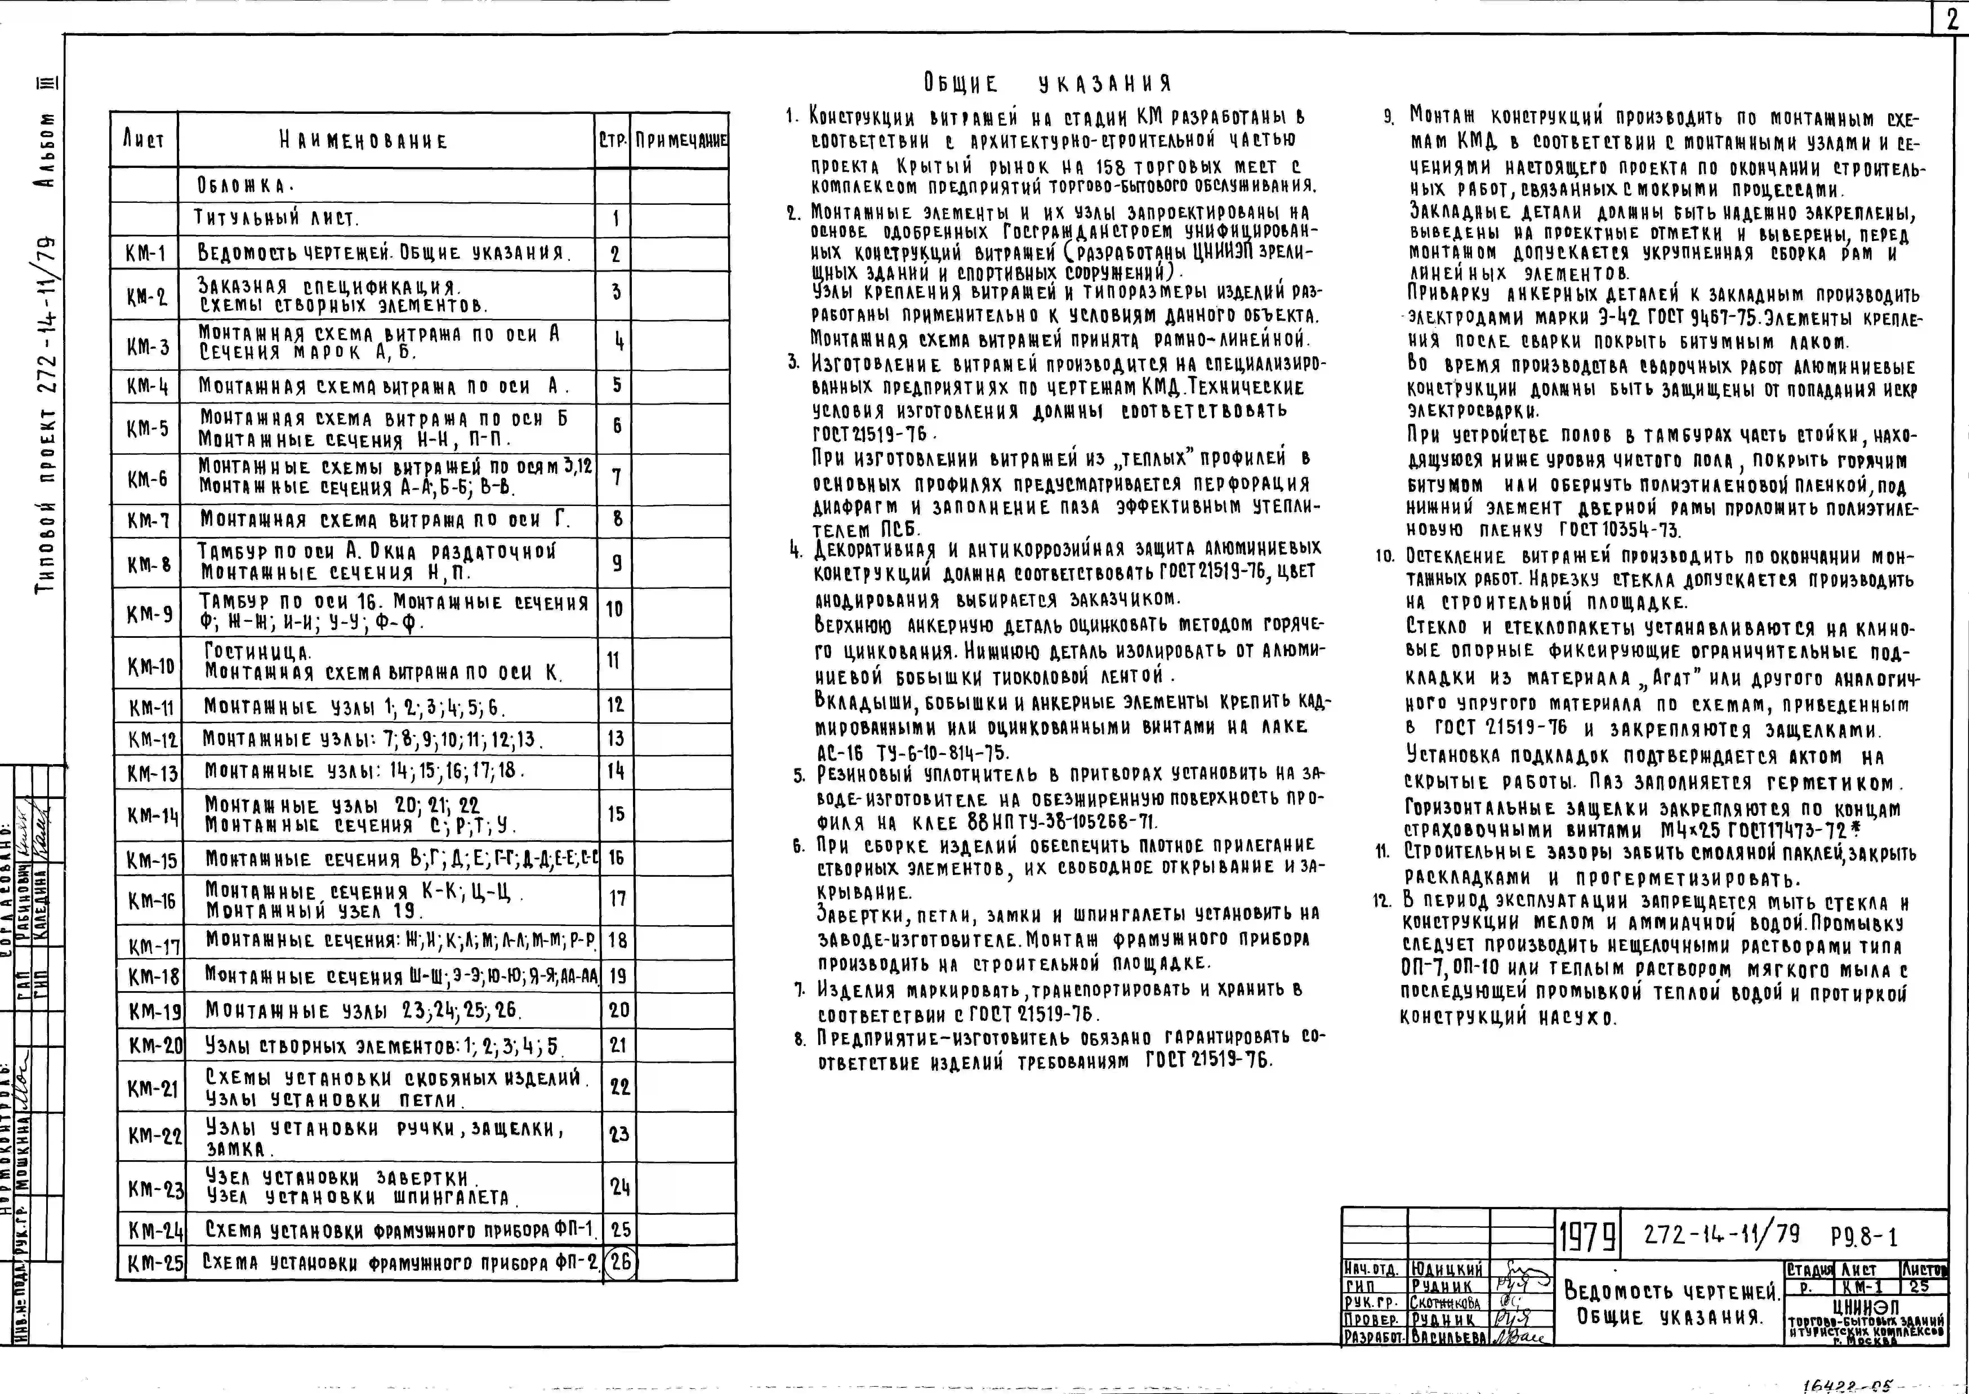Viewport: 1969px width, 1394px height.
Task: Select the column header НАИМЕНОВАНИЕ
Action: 363,141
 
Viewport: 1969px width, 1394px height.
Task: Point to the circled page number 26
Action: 620,1263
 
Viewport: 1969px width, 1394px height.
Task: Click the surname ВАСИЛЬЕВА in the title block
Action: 1448,1337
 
